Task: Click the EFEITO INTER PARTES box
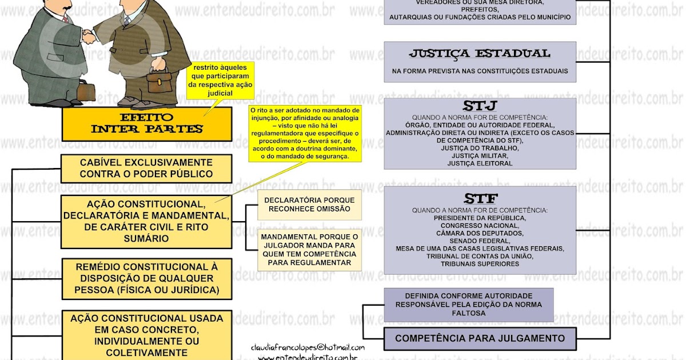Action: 146,123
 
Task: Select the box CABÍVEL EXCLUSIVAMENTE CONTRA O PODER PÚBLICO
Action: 146,168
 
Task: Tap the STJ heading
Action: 480,107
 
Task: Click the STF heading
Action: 480,199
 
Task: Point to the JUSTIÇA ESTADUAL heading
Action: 480,54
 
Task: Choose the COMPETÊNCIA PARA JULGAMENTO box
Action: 480,338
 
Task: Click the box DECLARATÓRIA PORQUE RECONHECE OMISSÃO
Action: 309,205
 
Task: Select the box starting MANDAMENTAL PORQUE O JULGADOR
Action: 309,249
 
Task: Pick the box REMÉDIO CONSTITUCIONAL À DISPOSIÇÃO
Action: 146,278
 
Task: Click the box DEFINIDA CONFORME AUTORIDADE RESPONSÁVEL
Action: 468,305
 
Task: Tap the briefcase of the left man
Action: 86,90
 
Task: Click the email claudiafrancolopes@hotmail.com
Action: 308,347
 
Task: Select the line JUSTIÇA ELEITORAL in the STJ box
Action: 480,163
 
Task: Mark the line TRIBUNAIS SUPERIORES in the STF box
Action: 480,264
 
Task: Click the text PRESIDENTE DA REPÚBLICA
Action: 480,218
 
